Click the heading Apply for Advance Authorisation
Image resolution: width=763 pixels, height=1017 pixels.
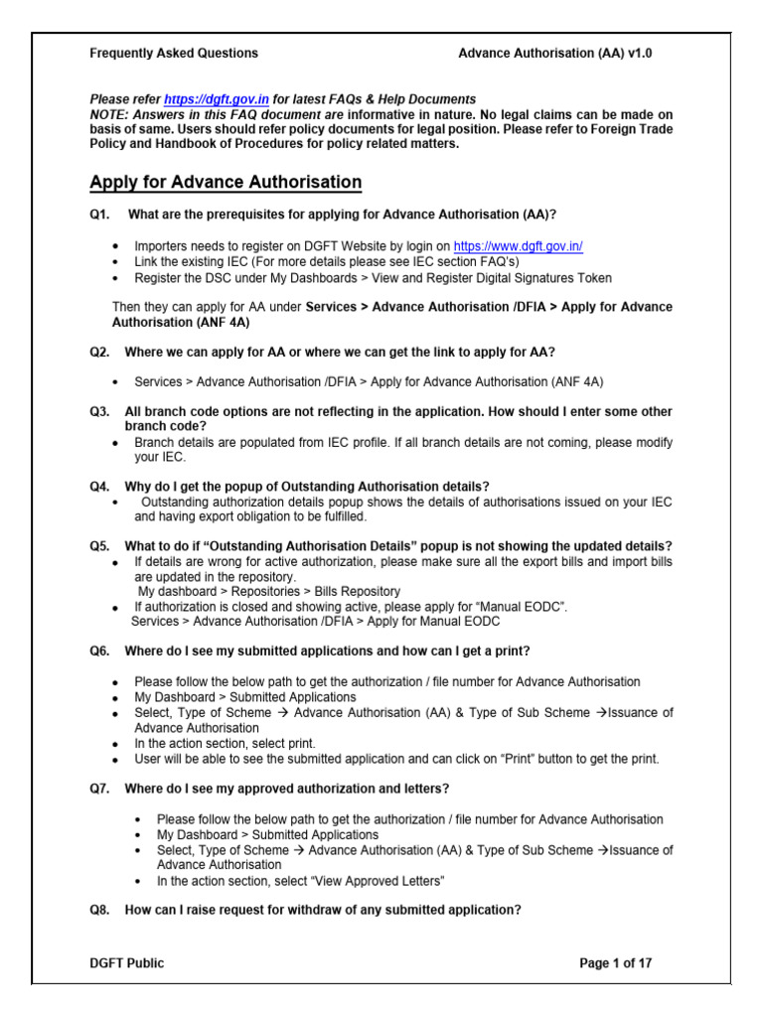[226, 182]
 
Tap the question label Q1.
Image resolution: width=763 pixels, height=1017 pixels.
[100, 214]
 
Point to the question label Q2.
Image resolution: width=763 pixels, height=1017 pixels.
[100, 352]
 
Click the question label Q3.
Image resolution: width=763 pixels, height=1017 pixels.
[100, 411]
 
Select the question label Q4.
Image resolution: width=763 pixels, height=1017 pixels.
[100, 486]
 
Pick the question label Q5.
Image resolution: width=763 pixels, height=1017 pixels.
[100, 546]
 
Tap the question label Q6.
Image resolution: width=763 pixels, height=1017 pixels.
[100, 651]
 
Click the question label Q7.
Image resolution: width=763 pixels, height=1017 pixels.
[100, 789]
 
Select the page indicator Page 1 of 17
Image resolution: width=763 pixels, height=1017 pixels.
[616, 962]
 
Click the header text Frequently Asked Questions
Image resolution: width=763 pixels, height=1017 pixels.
[174, 53]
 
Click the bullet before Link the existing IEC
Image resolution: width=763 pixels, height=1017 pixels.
[116, 261]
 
